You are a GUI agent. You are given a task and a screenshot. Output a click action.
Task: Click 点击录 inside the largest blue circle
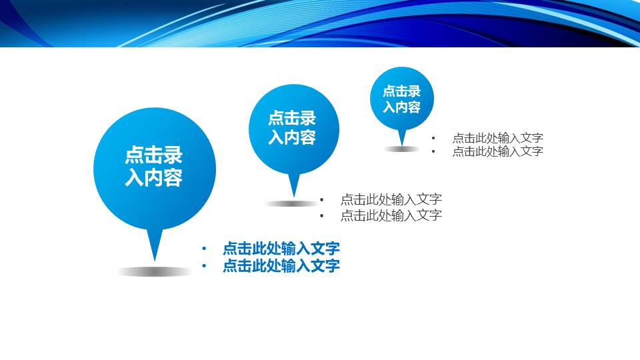coord(154,155)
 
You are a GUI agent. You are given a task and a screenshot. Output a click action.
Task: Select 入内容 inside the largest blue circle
coord(154,178)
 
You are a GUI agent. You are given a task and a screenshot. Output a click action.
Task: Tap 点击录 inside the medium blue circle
coord(292,119)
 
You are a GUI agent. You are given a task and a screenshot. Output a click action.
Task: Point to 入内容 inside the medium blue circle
coord(292,137)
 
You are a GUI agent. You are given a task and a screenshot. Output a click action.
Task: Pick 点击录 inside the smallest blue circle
coord(401,92)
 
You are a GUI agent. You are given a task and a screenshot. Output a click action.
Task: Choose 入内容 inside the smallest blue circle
coord(401,107)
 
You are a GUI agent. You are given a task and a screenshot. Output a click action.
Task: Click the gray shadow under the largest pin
coord(155,271)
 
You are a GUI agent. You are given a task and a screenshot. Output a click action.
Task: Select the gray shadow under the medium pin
coord(292,203)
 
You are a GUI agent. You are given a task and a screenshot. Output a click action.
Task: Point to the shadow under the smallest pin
coord(401,149)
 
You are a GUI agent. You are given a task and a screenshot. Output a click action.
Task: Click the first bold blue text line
coord(281,249)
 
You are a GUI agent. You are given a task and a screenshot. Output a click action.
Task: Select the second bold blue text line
coord(281,266)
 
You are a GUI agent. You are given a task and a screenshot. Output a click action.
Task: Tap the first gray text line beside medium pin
coord(391,199)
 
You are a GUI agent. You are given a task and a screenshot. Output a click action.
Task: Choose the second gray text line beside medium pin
coord(391,215)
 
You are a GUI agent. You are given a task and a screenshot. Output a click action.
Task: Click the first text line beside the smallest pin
coord(497,138)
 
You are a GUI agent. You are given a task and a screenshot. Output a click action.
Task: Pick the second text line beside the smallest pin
coord(497,151)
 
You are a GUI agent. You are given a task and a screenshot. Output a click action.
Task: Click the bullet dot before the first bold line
coord(204,249)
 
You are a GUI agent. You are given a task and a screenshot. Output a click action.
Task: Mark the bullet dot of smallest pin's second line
coord(433,152)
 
